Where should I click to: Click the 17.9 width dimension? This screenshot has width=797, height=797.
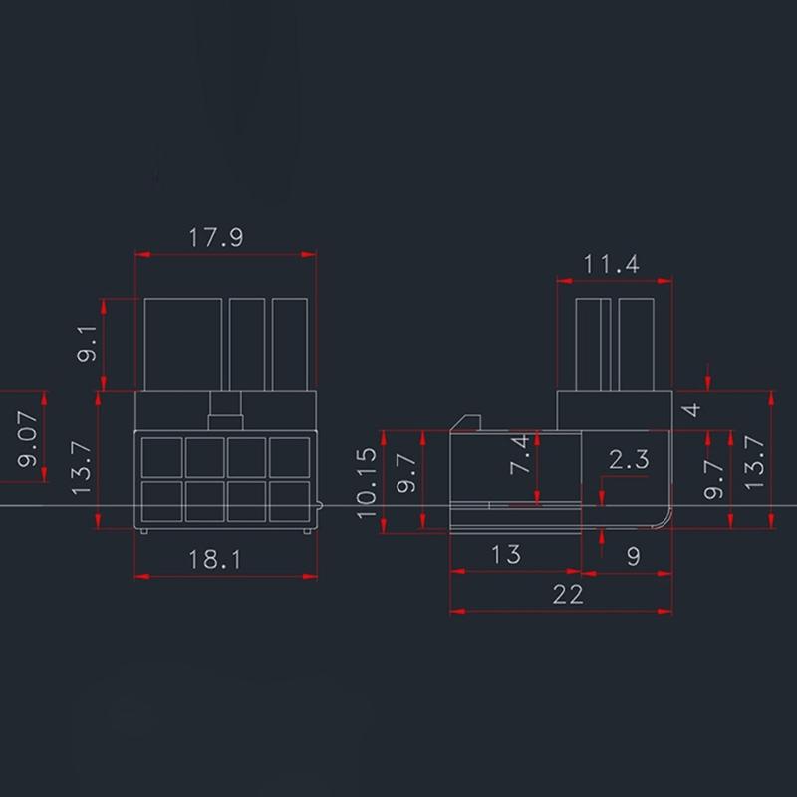(x=216, y=238)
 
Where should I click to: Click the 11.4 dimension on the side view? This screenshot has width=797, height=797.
(x=612, y=264)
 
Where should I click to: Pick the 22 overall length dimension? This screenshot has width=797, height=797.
(x=567, y=594)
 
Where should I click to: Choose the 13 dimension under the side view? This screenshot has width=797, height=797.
(x=506, y=554)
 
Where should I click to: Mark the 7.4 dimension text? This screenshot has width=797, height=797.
(x=520, y=454)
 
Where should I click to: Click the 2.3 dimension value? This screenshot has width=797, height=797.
(x=629, y=459)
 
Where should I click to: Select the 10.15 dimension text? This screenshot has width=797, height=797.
(x=368, y=483)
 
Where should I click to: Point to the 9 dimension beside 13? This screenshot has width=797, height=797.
(x=634, y=557)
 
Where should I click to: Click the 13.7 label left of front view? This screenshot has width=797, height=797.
(x=83, y=469)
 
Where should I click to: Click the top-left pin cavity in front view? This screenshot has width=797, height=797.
(x=160, y=458)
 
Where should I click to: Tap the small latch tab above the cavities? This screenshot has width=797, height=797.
(x=226, y=406)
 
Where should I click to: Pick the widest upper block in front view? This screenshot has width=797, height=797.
(x=184, y=344)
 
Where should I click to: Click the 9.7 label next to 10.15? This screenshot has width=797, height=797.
(x=405, y=471)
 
